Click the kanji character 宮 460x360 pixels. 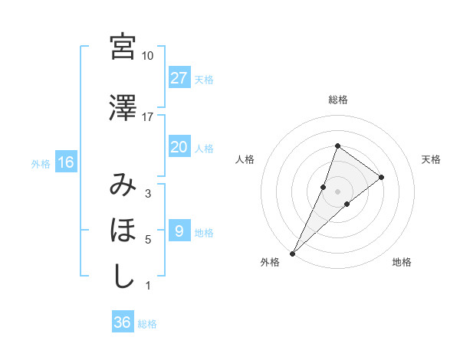tap(123, 47)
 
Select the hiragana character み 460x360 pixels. tap(123, 185)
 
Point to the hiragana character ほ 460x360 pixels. tap(123, 231)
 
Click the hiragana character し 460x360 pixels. tap(123, 276)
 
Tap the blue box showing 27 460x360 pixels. tap(179, 78)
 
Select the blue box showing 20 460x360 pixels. tap(179, 147)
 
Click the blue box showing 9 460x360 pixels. tap(179, 231)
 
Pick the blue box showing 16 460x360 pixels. tap(66, 162)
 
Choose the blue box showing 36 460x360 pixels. tap(122, 322)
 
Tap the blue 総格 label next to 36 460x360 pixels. tap(147, 324)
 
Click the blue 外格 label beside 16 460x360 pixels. tap(41, 163)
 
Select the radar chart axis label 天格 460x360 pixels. tap(431, 159)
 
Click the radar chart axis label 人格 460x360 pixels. tap(245, 159)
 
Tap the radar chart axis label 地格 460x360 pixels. tap(402, 262)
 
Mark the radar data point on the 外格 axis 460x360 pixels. tap(293, 252)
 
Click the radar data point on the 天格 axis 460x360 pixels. tap(381, 177)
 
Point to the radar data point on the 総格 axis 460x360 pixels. tap(337, 146)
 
